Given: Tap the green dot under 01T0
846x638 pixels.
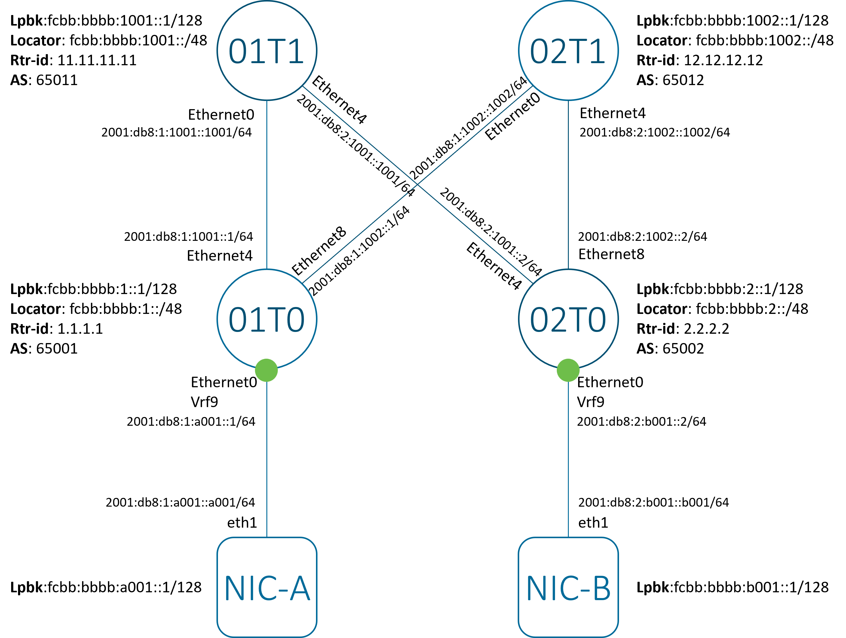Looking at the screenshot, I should (x=267, y=370).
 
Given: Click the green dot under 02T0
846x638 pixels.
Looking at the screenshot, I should (x=568, y=370).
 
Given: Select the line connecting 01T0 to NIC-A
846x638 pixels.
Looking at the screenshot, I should (x=267, y=459).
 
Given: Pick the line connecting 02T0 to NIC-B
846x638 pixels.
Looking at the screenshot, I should (x=568, y=459).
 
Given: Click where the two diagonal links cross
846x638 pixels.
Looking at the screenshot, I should (x=417, y=185).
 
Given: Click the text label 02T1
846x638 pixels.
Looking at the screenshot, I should (x=568, y=51).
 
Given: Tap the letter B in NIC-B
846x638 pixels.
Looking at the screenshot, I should (x=602, y=588).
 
